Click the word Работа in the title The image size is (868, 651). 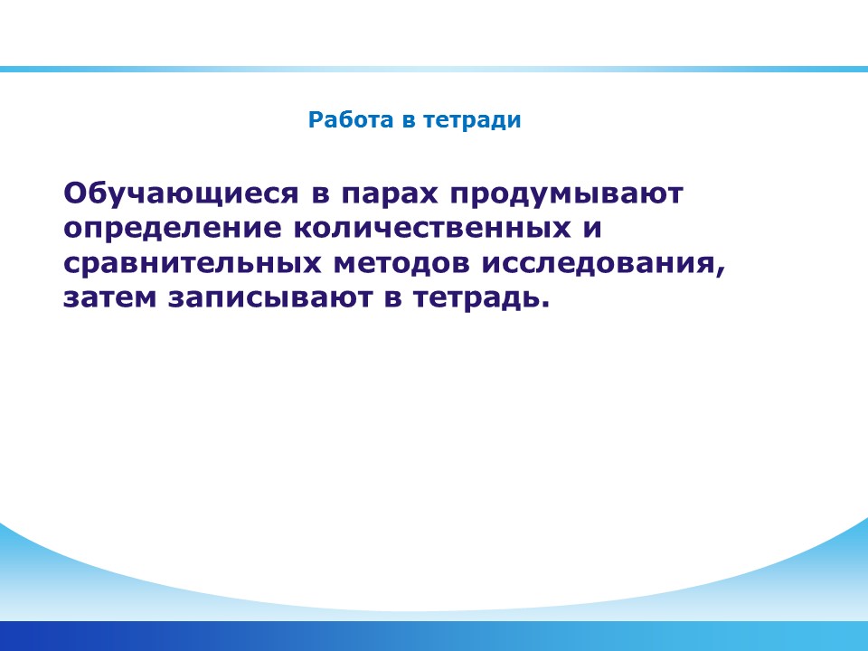[351, 120]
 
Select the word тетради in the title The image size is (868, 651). [472, 120]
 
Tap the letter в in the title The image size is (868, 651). [408, 121]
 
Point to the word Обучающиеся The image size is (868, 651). [181, 194]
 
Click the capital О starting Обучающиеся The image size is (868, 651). [76, 193]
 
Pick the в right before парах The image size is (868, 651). [320, 195]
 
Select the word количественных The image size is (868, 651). [432, 229]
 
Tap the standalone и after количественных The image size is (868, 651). [592, 229]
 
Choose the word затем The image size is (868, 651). [109, 298]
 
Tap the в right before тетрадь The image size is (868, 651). [392, 299]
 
